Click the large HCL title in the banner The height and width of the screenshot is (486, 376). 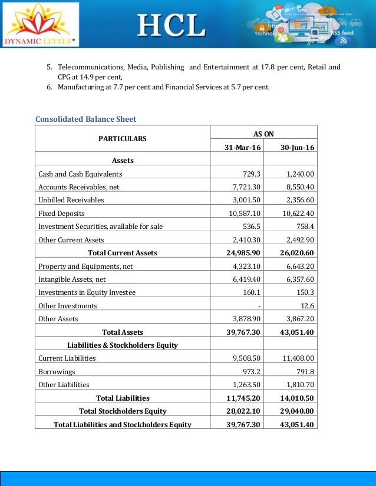(x=171, y=25)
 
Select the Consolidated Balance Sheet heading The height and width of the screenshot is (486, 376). (x=85, y=119)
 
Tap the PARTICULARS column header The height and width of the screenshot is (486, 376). (x=123, y=139)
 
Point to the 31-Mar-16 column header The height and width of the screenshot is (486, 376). (x=243, y=147)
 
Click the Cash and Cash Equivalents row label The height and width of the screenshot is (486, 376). (x=80, y=174)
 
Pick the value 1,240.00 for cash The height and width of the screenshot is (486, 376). (x=301, y=174)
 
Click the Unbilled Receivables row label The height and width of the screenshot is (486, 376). (x=71, y=199)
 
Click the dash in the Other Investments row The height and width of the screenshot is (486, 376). (x=259, y=305)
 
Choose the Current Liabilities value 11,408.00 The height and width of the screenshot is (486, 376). (x=298, y=358)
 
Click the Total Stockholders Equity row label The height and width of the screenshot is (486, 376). (x=123, y=411)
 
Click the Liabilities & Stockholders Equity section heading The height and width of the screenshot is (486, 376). (x=123, y=345)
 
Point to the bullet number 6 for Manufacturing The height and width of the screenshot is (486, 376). (x=49, y=87)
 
